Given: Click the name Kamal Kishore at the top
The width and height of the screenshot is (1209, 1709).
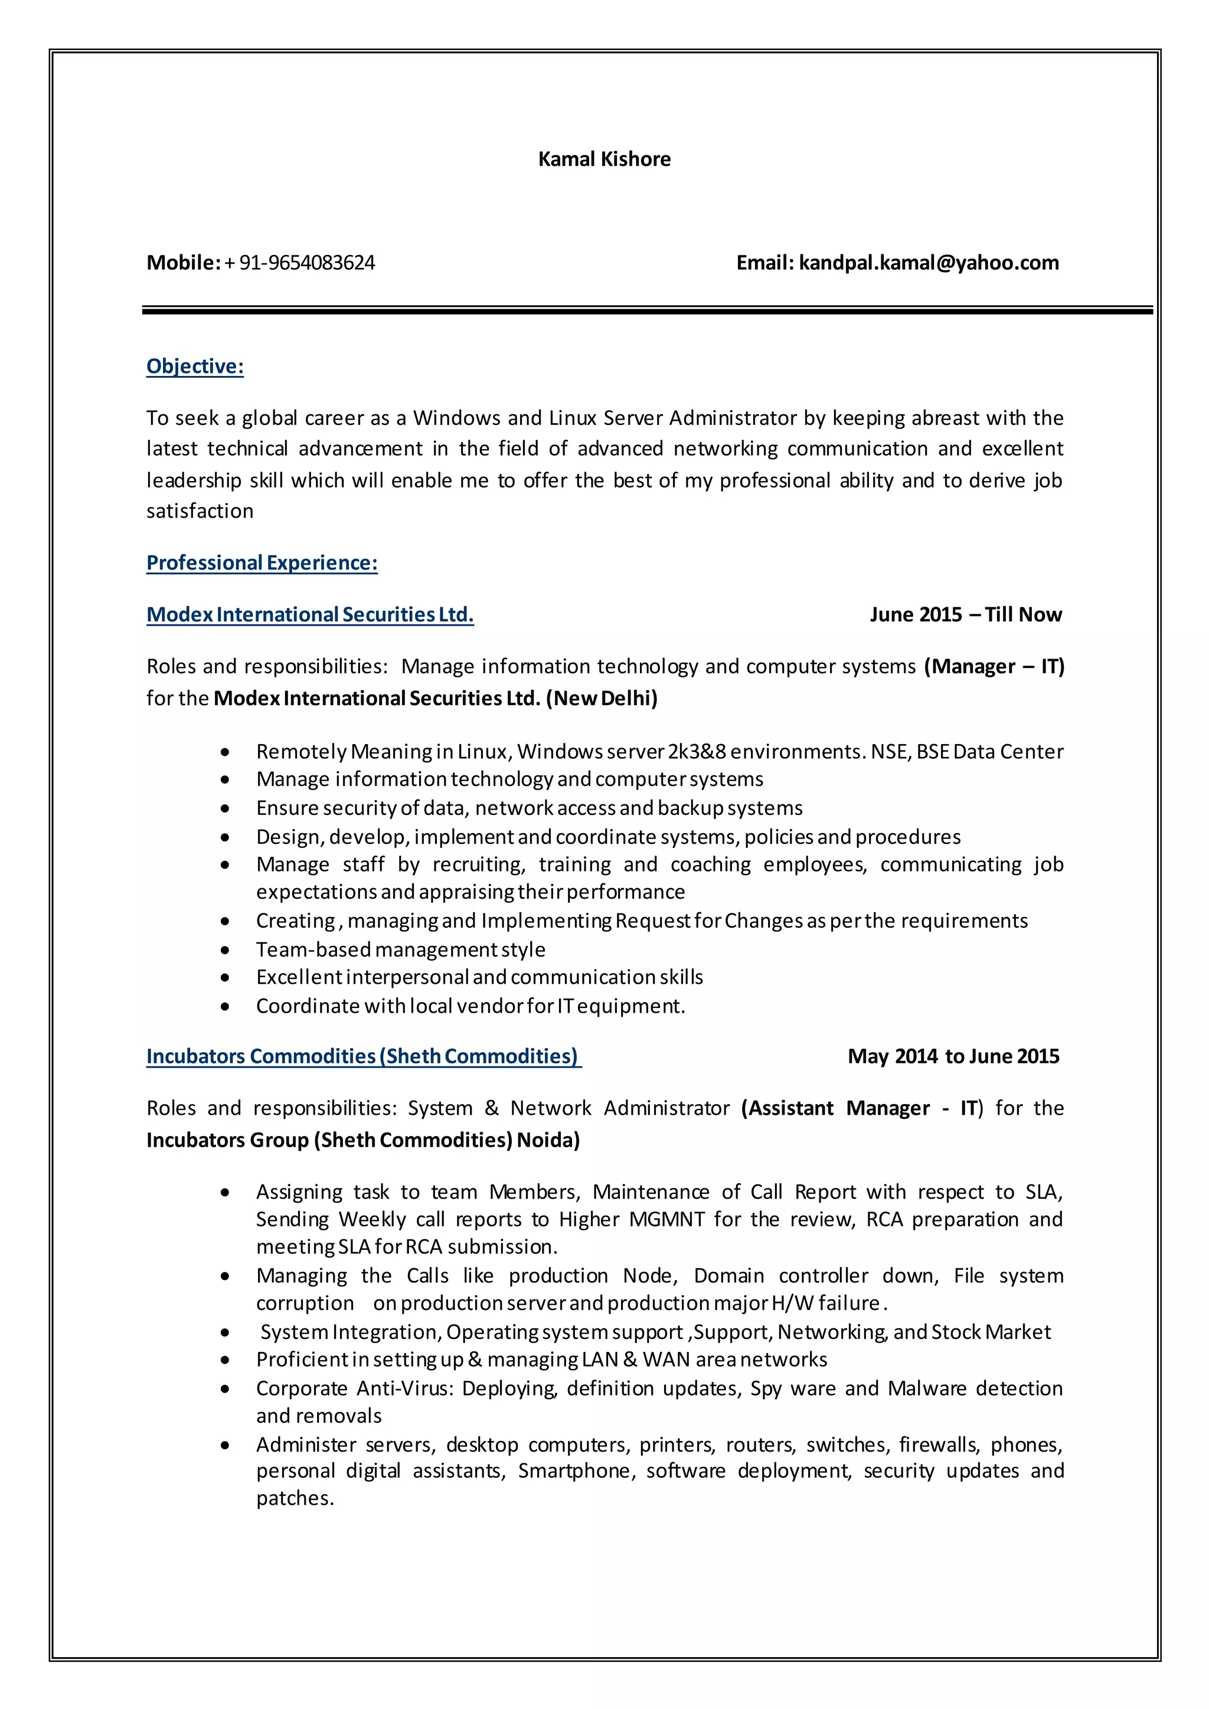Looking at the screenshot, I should [604, 159].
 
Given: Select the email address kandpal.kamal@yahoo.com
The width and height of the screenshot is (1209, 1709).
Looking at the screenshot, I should [929, 263].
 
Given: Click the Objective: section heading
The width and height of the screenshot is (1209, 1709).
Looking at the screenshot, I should [195, 366].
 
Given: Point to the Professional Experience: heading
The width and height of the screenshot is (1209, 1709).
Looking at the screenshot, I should [262, 563].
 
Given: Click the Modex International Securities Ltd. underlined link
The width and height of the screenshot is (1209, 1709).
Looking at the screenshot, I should [310, 615].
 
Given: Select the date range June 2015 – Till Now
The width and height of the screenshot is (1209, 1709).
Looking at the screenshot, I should [966, 615].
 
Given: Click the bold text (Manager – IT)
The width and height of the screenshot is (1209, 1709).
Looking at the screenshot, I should [994, 666].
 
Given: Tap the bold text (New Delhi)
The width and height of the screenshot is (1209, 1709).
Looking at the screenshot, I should [602, 698].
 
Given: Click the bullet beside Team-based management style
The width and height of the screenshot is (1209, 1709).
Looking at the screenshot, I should [225, 951].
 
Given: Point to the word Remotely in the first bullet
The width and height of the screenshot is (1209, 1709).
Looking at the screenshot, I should [300, 752].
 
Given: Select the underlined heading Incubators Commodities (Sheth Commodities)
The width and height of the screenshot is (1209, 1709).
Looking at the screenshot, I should [363, 1056].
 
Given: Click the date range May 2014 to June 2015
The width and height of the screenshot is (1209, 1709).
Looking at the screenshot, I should [953, 1056].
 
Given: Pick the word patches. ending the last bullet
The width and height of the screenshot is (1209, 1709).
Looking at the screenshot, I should [295, 1498].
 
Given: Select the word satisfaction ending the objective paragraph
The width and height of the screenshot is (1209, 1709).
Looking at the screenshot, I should [200, 512].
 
